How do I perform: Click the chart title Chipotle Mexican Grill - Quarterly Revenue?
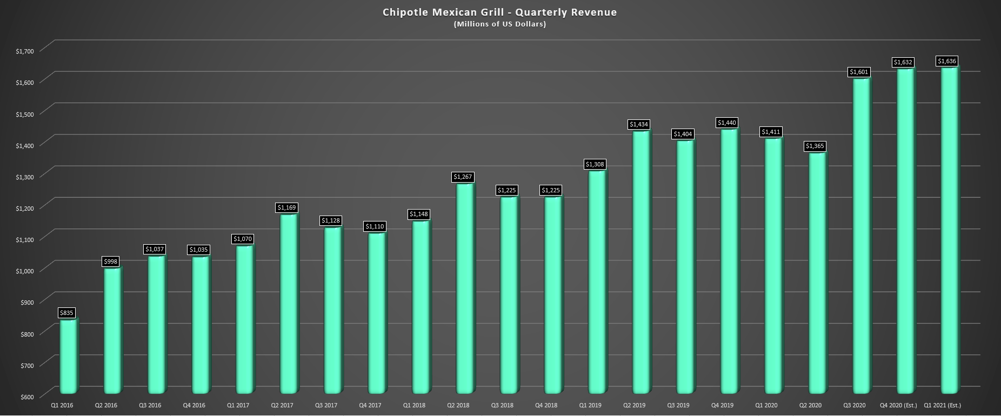[499, 12]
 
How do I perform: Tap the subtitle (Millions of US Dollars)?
[499, 24]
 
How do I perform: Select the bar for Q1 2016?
[68, 357]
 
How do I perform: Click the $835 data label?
[66, 313]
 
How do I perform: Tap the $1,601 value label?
[859, 72]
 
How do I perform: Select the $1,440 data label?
[727, 123]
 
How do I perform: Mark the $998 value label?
[111, 261]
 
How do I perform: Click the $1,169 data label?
[286, 207]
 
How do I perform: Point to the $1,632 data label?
[903, 62]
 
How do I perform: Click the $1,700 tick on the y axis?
[25, 51]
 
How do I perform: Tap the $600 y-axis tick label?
[27, 397]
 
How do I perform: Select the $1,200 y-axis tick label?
[25, 208]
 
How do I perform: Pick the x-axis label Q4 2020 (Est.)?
[898, 405]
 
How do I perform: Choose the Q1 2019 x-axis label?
[590, 405]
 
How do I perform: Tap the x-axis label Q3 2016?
[150, 405]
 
